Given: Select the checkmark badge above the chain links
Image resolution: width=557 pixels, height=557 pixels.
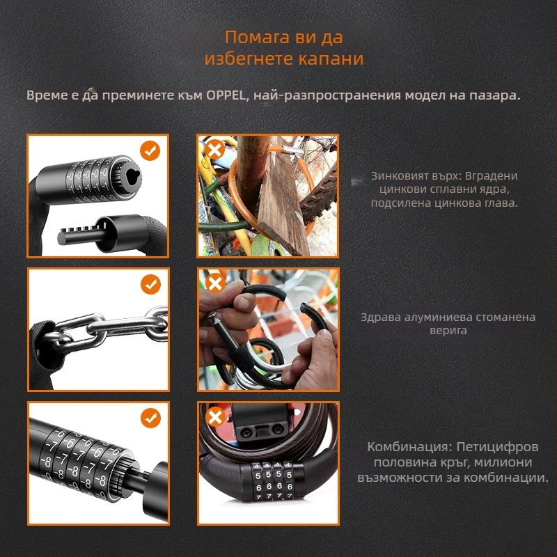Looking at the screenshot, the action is [x=150, y=284].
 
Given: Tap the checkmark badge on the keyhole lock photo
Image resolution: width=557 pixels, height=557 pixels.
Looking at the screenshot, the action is [x=150, y=150].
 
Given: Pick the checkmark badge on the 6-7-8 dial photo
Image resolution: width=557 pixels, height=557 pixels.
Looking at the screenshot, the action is [x=150, y=418].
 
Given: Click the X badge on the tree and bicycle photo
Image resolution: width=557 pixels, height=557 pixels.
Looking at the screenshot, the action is [x=214, y=150].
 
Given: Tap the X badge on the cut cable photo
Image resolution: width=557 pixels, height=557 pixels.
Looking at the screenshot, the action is [x=215, y=283].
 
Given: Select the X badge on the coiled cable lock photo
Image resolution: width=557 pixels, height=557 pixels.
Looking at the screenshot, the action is [x=215, y=416].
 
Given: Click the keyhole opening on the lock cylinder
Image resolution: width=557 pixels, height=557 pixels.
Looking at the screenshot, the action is [x=132, y=176].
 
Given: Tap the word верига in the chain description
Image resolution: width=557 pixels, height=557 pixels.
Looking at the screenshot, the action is [x=448, y=331].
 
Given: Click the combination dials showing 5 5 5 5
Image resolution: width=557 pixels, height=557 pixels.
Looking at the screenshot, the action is [x=274, y=475].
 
